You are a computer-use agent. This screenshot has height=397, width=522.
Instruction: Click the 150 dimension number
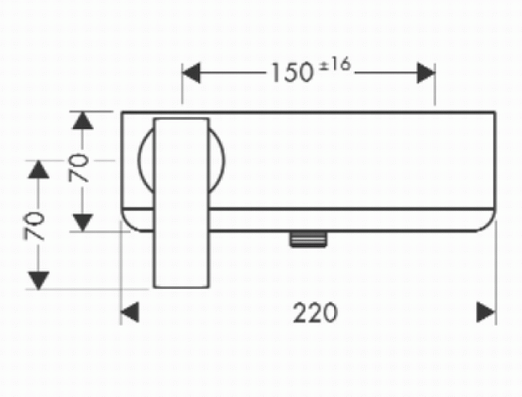(292, 73)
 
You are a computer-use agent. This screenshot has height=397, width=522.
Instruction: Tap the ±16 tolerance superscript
(335, 64)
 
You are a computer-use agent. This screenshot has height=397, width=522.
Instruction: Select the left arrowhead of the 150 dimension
(192, 73)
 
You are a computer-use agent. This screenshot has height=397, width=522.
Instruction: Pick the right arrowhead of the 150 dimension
(426, 73)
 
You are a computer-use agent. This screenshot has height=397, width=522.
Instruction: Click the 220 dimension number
(315, 313)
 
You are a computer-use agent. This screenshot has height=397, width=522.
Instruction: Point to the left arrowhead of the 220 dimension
(130, 312)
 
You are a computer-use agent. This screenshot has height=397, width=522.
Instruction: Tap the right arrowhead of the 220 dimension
(486, 312)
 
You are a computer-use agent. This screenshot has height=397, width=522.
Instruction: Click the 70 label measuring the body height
(79, 168)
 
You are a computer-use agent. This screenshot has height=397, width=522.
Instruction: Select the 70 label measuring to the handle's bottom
(34, 226)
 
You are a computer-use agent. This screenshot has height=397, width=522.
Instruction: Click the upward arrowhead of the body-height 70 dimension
(83, 121)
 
